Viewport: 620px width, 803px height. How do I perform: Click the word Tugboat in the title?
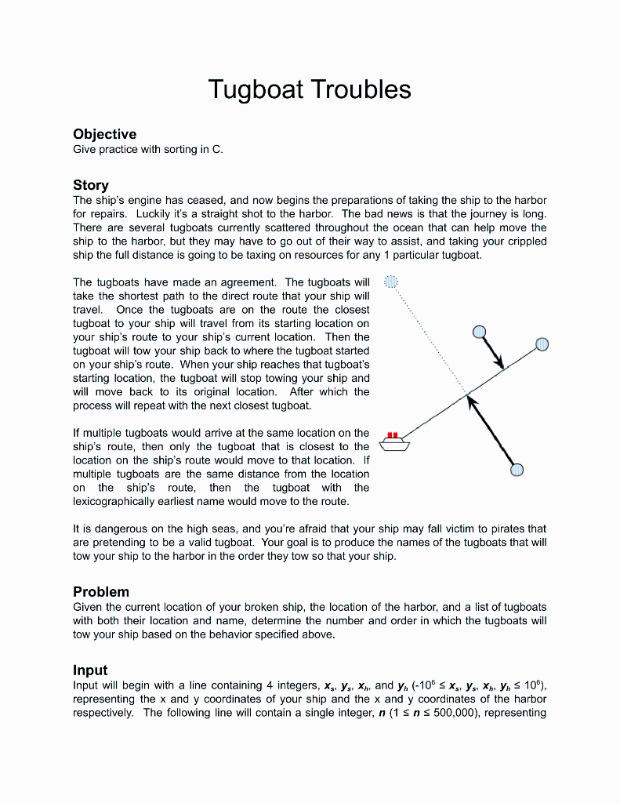(256, 89)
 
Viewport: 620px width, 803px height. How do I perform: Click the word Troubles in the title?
(361, 89)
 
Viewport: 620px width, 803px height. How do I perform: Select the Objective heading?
(104, 134)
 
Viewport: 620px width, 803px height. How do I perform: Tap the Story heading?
(91, 185)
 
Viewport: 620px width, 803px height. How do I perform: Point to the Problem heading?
(101, 591)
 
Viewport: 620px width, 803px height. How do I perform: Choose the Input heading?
(90, 670)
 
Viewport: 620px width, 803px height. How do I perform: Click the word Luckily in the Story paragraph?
(155, 213)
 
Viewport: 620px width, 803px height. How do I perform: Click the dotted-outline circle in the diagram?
(392, 282)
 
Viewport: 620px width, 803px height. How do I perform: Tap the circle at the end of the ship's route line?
(542, 343)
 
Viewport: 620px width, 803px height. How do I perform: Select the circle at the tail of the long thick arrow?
(517, 470)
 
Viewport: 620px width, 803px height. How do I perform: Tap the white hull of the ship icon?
(394, 445)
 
